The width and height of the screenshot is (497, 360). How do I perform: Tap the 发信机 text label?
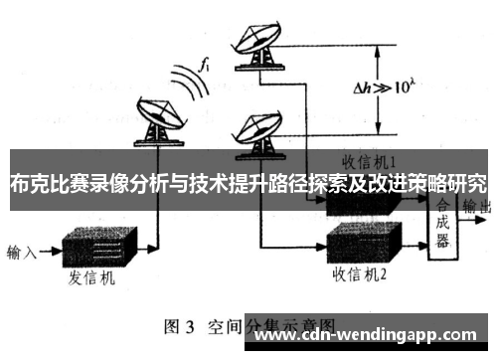(x=91, y=280)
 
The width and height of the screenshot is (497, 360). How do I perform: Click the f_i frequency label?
(x=205, y=67)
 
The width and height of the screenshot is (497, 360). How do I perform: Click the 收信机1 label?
(x=369, y=160)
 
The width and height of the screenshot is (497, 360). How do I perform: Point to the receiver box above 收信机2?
(x=362, y=239)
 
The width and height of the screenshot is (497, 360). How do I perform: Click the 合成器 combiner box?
(x=443, y=223)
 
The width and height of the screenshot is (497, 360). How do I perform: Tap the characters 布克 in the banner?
(x=28, y=183)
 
